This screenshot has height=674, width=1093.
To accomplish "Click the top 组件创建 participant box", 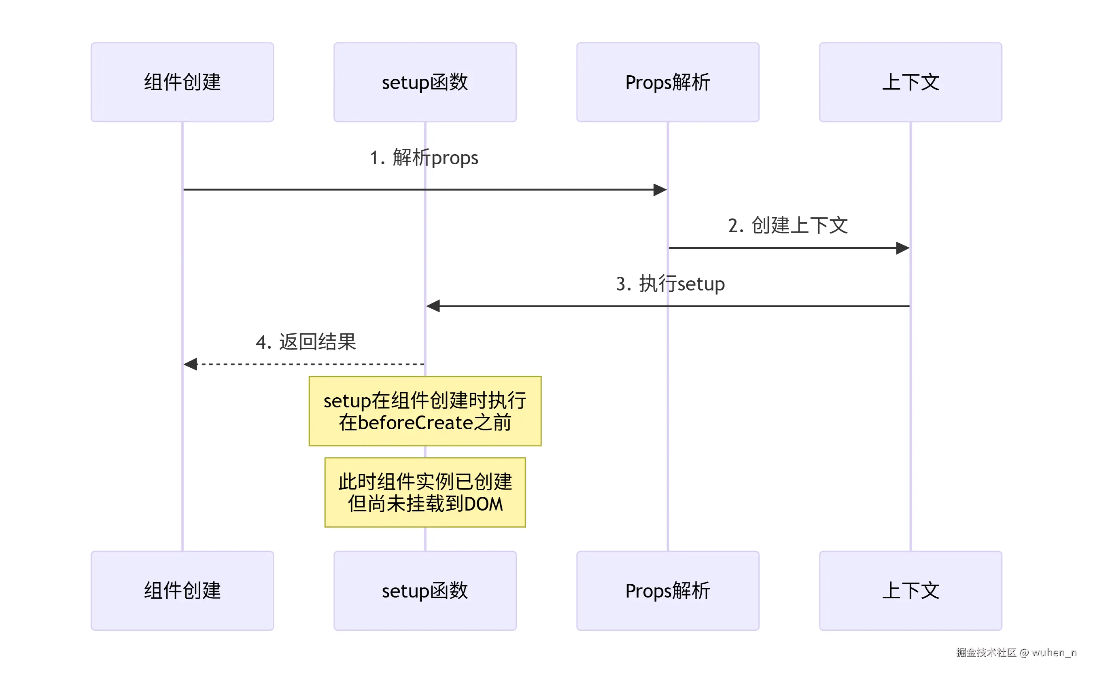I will pos(183,83).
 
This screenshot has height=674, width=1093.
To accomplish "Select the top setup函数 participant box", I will pos(425,83).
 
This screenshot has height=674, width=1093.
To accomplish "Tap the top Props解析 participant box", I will pos(667,83).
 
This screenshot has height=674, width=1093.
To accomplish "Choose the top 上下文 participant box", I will pos(910,83).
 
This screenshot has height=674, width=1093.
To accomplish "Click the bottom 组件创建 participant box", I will pos(183,591).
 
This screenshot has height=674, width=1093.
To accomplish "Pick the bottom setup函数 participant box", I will pos(425,591).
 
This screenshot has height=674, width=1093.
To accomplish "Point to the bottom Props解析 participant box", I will pos(667,591).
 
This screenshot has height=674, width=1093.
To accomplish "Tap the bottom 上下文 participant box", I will pos(910,591).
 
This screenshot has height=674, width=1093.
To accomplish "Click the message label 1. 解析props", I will pos(424,158).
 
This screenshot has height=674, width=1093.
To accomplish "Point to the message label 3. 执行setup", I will pos(670,284).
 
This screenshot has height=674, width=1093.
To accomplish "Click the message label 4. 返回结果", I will pos(306,342).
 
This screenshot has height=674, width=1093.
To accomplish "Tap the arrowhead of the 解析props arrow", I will pos(660,190).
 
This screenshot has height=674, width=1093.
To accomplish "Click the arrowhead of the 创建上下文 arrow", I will pos(903,248).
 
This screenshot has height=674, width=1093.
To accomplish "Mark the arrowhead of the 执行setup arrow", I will pos(433,306).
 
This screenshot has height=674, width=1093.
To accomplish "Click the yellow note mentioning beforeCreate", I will pos(425,411).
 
